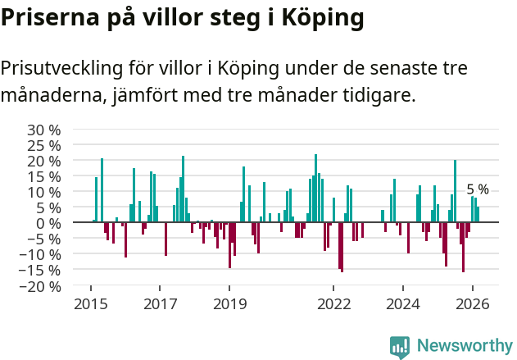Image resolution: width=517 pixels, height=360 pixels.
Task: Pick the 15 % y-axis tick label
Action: (44, 176)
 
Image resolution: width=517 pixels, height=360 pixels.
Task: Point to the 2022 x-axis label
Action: (333, 303)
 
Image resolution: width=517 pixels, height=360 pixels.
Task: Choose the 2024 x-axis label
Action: (403, 303)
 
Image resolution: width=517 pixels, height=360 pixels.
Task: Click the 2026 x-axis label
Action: (473, 303)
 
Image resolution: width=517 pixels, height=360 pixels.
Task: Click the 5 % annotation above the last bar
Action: (478, 189)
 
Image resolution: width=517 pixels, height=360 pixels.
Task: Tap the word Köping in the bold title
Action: (320, 18)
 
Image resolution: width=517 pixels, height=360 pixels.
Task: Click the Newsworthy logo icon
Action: (400, 347)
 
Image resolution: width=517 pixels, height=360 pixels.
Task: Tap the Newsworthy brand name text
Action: (464, 347)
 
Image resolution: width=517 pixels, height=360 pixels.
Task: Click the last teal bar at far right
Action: (478, 214)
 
